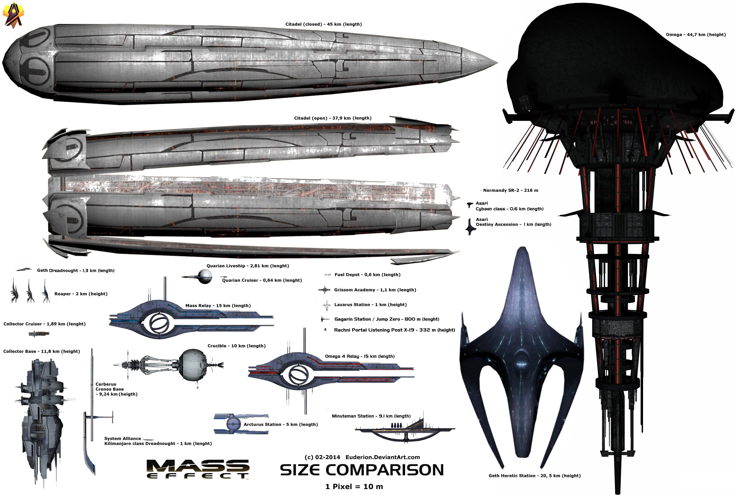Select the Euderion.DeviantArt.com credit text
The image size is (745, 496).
coord(383,457)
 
